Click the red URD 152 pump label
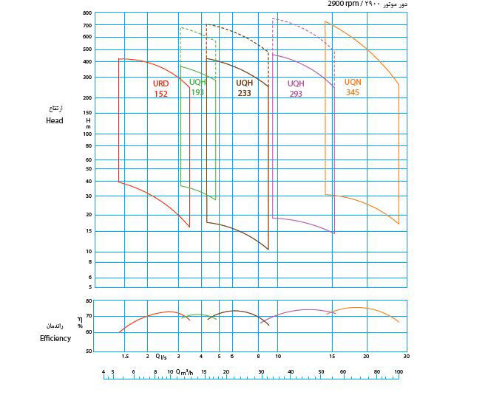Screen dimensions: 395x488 (160, 89)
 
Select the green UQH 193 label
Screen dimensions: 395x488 (197, 87)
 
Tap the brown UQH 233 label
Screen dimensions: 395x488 (244, 89)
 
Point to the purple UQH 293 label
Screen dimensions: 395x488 (296, 89)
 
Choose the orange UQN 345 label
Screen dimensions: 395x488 (353, 86)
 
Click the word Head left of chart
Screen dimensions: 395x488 (54, 120)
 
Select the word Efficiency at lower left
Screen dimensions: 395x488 (55, 338)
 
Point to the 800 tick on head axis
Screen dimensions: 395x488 (87, 13)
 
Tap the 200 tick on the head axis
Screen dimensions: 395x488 (87, 97)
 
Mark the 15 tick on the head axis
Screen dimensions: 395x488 (88, 231)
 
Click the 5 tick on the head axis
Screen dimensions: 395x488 (90, 286)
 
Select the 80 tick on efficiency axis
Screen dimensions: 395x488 (88, 300)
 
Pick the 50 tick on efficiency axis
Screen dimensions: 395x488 (88, 351)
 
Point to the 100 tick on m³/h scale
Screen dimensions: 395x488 (399, 372)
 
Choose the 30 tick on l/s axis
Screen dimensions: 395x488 (406, 356)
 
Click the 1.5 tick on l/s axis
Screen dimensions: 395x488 (125, 356)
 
